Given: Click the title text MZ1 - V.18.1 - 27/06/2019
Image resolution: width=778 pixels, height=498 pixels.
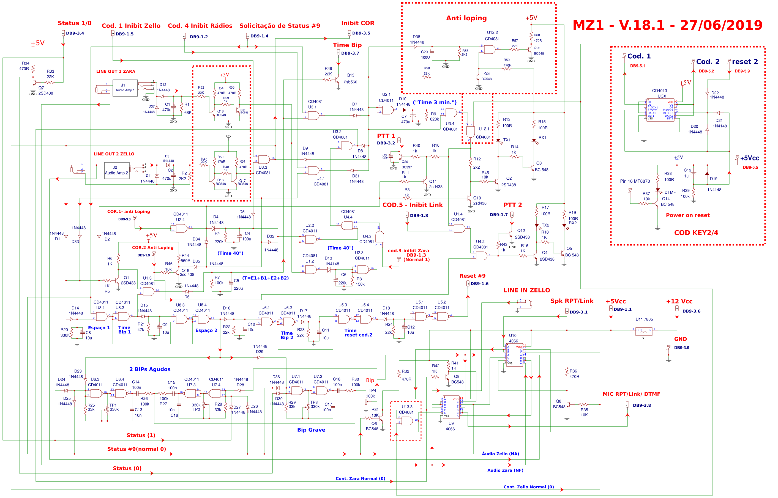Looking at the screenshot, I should [x=667, y=25].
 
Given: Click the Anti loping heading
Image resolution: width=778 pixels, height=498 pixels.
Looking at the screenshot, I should [x=466, y=18].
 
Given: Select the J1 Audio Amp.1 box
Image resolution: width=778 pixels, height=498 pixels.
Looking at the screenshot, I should [x=125, y=88].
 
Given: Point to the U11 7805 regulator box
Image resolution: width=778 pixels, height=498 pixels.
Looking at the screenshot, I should [x=643, y=331].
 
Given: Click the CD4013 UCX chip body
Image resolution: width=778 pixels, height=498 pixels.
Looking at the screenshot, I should [x=660, y=110].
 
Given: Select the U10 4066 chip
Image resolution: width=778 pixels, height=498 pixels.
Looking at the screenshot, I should [x=514, y=355].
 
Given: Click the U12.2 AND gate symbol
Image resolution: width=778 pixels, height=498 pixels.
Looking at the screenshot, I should [x=490, y=50].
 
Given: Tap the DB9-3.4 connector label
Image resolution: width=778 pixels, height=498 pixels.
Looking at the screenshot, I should [x=75, y=33].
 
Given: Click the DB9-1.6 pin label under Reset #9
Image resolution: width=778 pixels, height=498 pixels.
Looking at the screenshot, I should [x=479, y=284].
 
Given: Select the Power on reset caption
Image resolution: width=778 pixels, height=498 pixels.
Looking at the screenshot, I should [x=687, y=215].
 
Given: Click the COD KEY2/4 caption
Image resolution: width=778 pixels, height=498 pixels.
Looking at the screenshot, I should [x=696, y=233].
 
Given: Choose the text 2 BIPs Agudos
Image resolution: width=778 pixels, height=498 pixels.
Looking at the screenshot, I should [x=150, y=369].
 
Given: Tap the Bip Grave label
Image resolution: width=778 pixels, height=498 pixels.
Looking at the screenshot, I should [x=311, y=430].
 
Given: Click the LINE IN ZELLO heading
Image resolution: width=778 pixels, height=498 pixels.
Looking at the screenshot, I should [x=526, y=290].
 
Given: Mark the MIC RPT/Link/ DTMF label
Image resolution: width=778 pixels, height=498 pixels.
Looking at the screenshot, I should [x=631, y=394].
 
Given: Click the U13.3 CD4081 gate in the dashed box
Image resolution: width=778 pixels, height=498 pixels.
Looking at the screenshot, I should [x=407, y=421].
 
